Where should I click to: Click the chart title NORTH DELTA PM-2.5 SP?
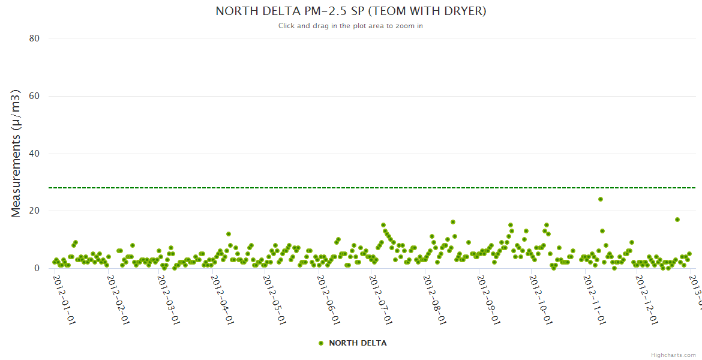350,11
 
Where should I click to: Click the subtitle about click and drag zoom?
350,26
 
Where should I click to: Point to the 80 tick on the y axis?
34,38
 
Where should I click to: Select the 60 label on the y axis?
34,96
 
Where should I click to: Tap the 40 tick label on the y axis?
34,154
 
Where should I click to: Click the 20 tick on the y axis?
34,211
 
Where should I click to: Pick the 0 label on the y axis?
37,269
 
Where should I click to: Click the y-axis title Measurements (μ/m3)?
16,153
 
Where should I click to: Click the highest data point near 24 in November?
601,199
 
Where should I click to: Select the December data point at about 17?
677,220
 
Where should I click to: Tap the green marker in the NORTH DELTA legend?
321,343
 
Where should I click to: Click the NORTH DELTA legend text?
358,343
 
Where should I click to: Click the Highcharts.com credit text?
673,355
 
